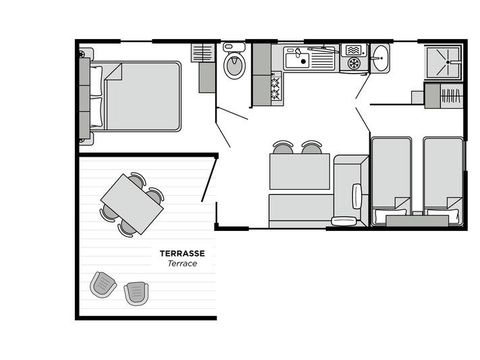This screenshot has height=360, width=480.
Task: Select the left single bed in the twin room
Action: [x=390, y=174]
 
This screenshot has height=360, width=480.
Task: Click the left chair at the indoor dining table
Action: [x=284, y=148]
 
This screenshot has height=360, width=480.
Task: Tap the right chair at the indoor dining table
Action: [x=312, y=148]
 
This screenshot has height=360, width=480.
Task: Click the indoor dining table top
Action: [x=299, y=173]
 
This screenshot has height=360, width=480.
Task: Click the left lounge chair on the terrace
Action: [x=103, y=285]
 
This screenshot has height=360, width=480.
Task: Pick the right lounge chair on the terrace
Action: [x=136, y=292]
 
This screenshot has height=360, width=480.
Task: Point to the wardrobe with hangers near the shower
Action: [x=443, y=96]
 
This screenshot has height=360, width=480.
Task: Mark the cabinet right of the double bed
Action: [x=205, y=68]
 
